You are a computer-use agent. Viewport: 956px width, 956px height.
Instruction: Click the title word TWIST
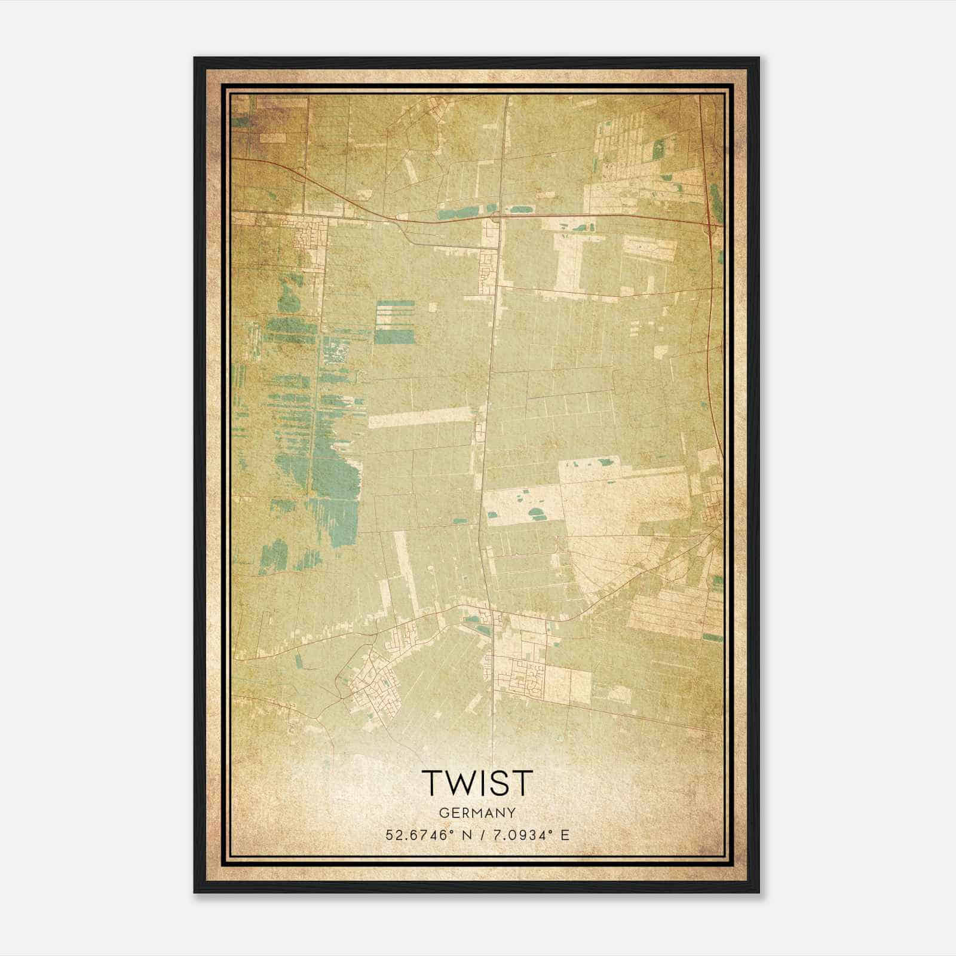[x=477, y=782]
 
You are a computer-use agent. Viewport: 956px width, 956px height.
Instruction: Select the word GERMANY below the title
[x=477, y=813]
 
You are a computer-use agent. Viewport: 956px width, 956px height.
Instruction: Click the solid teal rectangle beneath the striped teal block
[x=394, y=337]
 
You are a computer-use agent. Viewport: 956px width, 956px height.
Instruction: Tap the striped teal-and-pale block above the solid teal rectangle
[x=394, y=313]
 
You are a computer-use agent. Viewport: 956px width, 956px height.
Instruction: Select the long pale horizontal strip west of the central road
[x=422, y=416]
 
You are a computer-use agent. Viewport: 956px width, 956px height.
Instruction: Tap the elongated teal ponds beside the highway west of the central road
[x=460, y=212]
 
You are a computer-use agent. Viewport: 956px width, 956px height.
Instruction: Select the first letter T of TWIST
[x=433, y=782]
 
